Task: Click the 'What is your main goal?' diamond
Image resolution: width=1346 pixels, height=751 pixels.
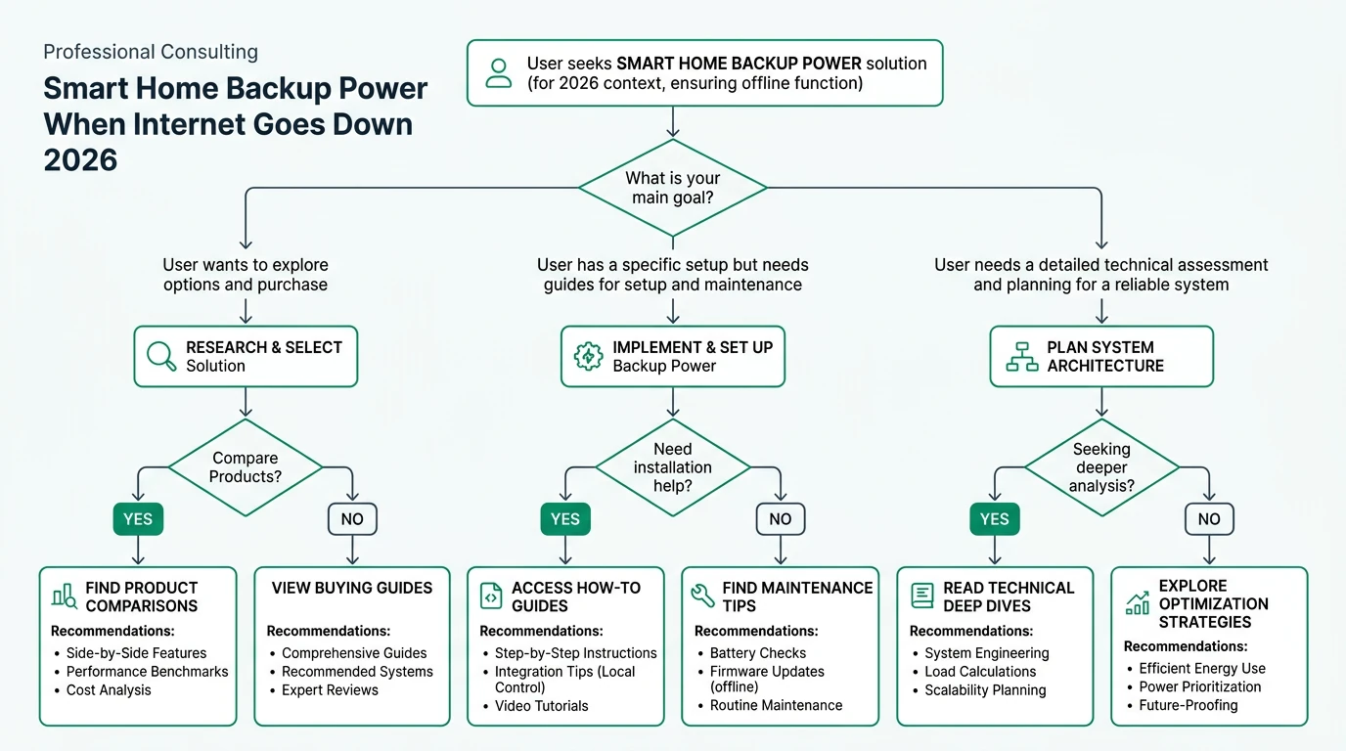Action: point(673,188)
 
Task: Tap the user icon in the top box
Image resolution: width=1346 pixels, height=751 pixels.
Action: point(499,73)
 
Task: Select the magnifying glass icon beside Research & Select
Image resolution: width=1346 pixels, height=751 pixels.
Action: point(161,356)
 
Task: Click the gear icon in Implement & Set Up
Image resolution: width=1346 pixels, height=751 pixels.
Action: point(588,356)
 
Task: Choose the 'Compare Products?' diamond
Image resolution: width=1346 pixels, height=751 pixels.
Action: point(246,467)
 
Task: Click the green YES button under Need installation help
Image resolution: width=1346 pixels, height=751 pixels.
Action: point(565,519)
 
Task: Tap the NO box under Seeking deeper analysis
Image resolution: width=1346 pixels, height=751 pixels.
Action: point(1209,519)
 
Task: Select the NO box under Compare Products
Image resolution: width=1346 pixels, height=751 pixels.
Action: point(352,519)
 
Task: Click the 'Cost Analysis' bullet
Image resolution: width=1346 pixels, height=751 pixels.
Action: point(109,690)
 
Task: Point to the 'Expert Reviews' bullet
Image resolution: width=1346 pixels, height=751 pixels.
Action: point(331,690)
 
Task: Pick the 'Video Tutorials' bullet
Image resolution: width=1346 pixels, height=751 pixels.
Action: point(542,706)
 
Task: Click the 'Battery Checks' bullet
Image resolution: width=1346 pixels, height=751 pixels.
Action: point(758,653)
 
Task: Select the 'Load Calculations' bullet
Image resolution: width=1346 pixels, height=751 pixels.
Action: point(980,672)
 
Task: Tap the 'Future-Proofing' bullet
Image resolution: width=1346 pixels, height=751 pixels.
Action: point(1189,705)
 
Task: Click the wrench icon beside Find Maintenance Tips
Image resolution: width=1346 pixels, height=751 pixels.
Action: point(702,596)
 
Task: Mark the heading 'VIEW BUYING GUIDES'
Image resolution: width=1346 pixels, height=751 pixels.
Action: point(352,588)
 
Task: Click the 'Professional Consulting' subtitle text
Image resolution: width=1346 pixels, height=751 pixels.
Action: point(151,52)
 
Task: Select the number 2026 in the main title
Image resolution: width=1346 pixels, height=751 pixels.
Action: point(81,159)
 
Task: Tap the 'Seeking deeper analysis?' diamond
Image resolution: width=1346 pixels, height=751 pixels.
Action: point(1101,467)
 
